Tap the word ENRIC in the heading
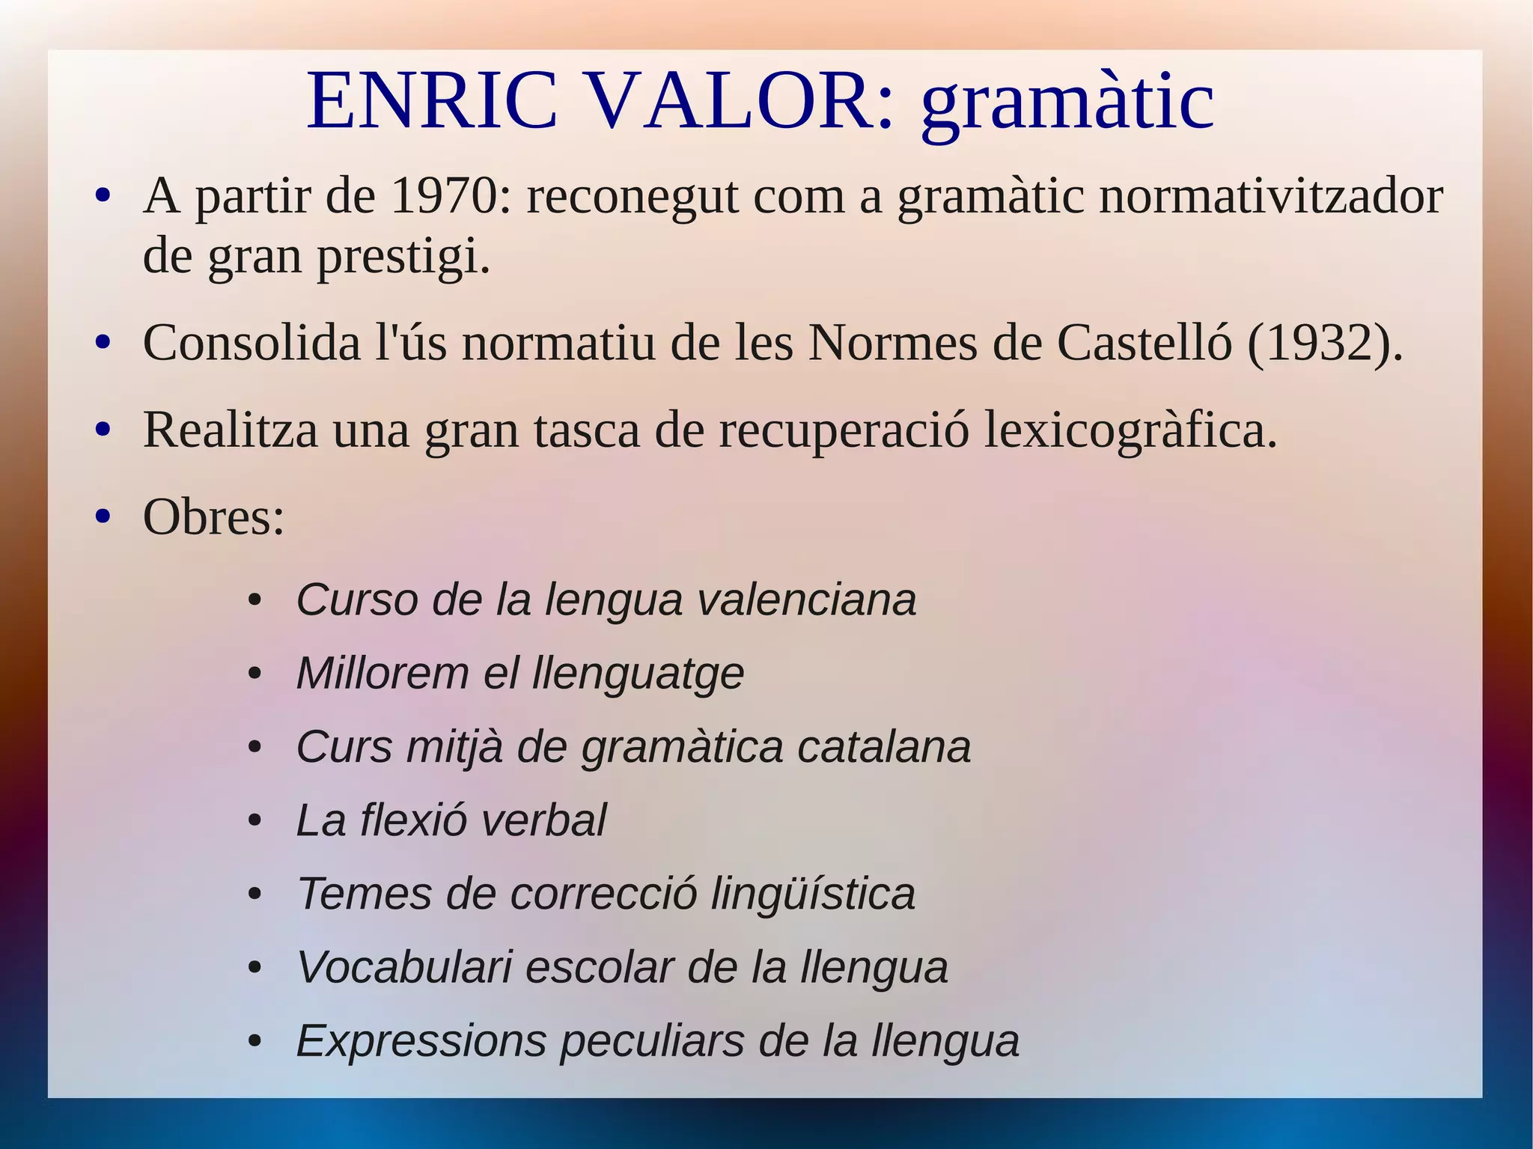(x=432, y=101)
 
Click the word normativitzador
(x=1270, y=197)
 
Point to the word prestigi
(x=403, y=257)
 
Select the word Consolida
(x=252, y=344)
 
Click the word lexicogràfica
(x=1130, y=432)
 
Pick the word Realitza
(x=230, y=430)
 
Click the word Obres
(x=213, y=517)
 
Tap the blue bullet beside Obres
(x=103, y=517)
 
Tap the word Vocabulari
(x=403, y=967)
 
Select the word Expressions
(x=421, y=1041)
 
